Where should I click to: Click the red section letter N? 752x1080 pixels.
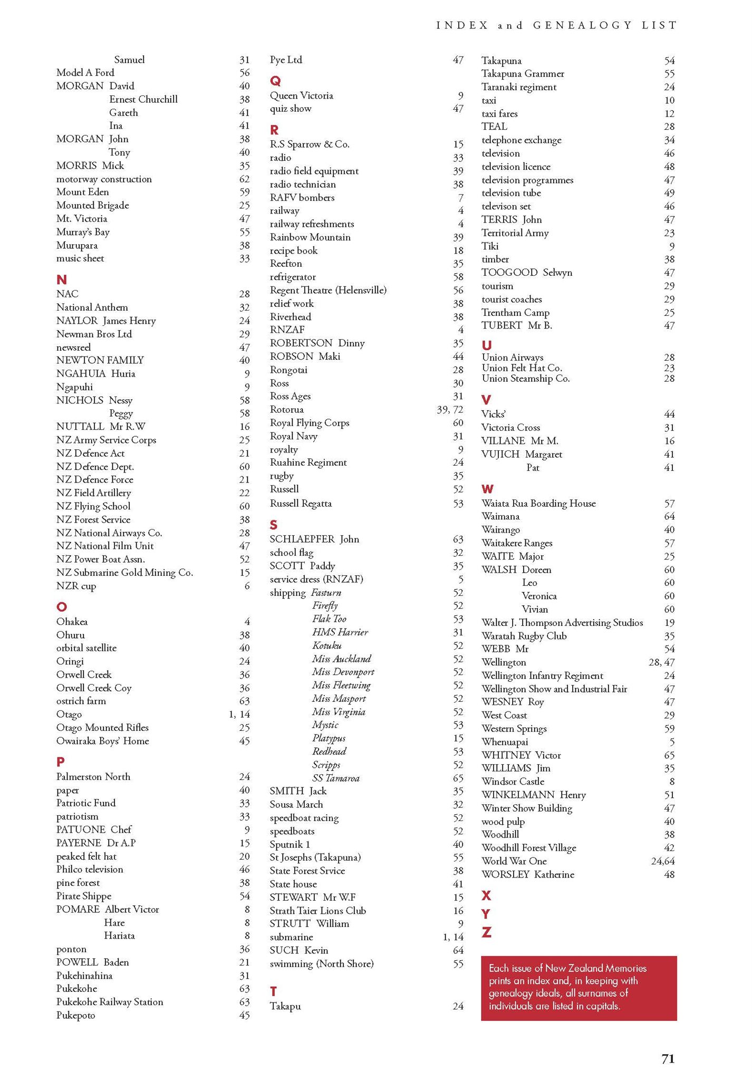[61, 279]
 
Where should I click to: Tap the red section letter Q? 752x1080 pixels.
[275, 81]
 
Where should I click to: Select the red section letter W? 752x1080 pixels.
[488, 489]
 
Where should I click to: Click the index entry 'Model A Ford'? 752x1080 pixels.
[85, 73]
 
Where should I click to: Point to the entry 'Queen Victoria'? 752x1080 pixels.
[301, 95]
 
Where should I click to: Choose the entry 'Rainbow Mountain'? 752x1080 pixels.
[310, 237]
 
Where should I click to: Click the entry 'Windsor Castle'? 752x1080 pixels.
[513, 782]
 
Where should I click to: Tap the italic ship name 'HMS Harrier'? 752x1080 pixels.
[340, 632]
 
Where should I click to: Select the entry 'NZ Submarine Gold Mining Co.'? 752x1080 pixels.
[124, 573]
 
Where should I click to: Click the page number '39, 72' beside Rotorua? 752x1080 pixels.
[450, 410]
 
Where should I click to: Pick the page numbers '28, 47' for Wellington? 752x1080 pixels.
[661, 662]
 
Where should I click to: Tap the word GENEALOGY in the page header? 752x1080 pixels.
[582, 25]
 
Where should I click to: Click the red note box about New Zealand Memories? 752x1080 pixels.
[579, 987]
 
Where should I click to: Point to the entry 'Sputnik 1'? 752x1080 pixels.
[290, 844]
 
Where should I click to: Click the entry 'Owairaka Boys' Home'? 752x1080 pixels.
[102, 741]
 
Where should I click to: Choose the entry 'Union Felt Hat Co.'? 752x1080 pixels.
[522, 368]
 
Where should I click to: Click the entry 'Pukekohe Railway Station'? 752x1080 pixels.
[110, 1002]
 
